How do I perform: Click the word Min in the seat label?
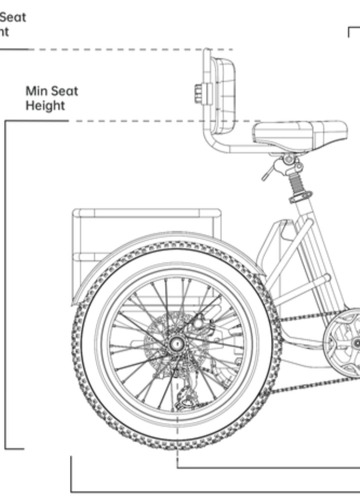(x=36, y=92)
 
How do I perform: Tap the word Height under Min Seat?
(x=45, y=105)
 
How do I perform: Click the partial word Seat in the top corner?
(x=13, y=17)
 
